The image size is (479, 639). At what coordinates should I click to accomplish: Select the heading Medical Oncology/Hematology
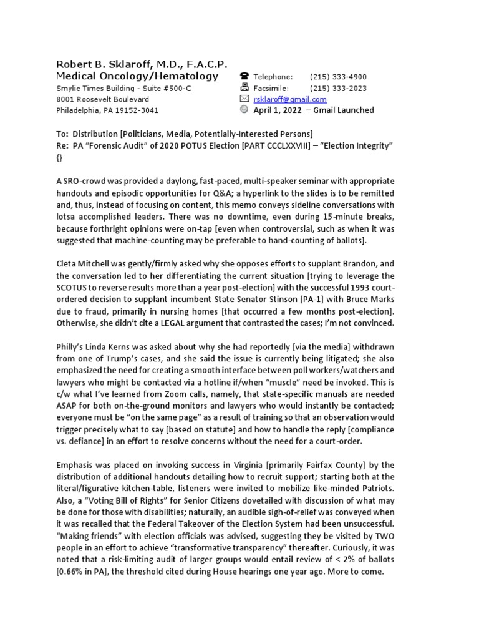(137, 76)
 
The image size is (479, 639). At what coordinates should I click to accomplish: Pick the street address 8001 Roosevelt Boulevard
(103, 99)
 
